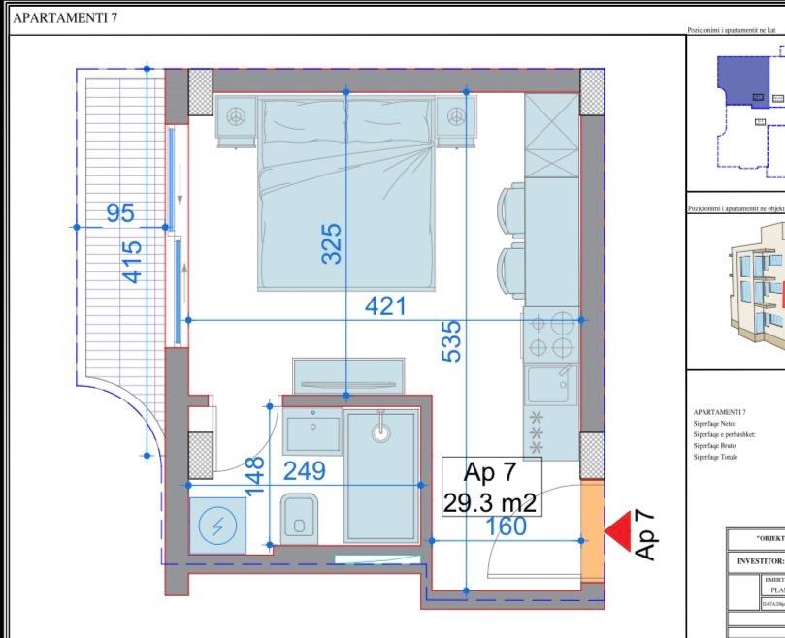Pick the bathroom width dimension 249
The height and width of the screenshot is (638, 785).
click(x=305, y=471)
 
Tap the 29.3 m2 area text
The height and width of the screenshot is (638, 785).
click(x=490, y=503)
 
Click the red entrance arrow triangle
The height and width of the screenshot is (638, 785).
click(x=617, y=530)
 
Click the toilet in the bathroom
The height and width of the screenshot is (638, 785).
click(x=300, y=518)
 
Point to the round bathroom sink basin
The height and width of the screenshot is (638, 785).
click(x=381, y=431)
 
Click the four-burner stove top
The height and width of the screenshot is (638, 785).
click(x=551, y=336)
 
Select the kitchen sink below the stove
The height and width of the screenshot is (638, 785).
click(x=551, y=384)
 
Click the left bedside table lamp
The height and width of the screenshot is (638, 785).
click(x=235, y=116)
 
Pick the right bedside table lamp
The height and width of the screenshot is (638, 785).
click(x=456, y=116)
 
